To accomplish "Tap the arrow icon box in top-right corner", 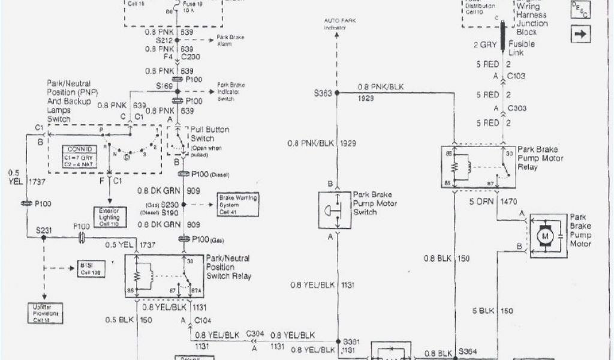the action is click(580, 34).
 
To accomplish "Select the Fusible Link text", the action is click(522, 49).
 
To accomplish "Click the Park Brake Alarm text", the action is click(230, 40).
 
